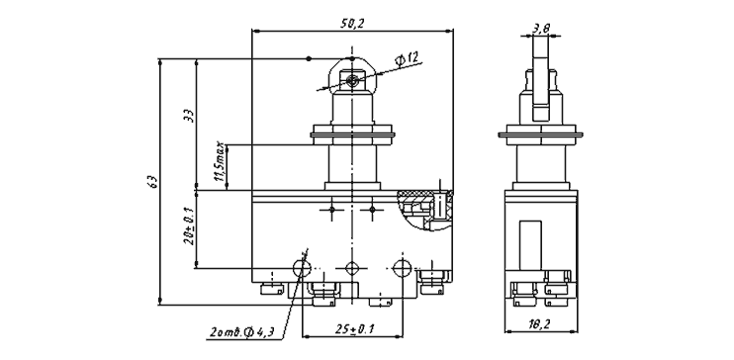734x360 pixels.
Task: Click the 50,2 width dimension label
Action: (x=352, y=24)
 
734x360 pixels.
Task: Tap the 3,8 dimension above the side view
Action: (x=541, y=29)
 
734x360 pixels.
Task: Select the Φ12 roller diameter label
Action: (x=407, y=60)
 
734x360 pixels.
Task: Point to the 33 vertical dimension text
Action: (x=188, y=116)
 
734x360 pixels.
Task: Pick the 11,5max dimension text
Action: (x=219, y=162)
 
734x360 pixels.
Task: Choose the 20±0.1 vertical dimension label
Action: (x=189, y=225)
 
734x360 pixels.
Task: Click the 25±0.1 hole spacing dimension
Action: (x=355, y=328)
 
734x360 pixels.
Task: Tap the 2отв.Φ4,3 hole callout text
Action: (x=241, y=333)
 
